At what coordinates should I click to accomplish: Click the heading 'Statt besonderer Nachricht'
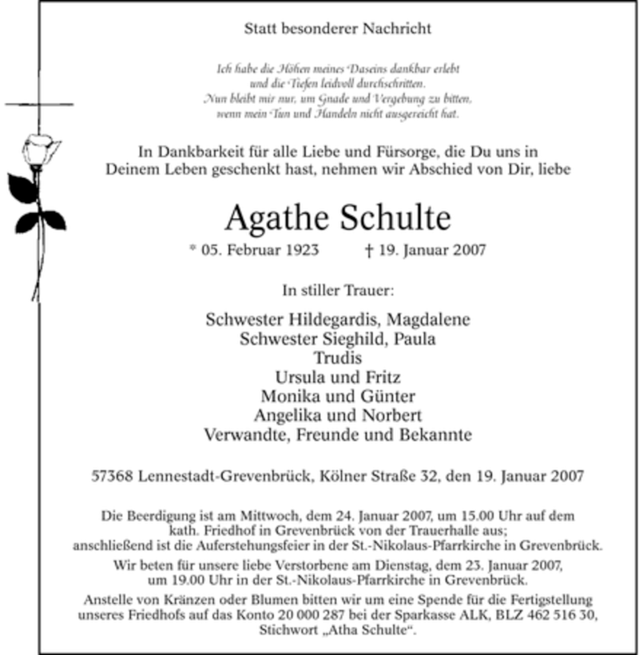tap(338, 29)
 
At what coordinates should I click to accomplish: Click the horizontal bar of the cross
tap(38, 104)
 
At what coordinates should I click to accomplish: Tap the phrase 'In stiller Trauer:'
tap(338, 288)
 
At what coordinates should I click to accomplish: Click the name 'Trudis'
tap(338, 358)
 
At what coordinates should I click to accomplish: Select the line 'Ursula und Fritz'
tap(338, 377)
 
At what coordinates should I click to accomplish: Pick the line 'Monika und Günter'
tap(338, 396)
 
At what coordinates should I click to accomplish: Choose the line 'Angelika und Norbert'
tap(338, 415)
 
